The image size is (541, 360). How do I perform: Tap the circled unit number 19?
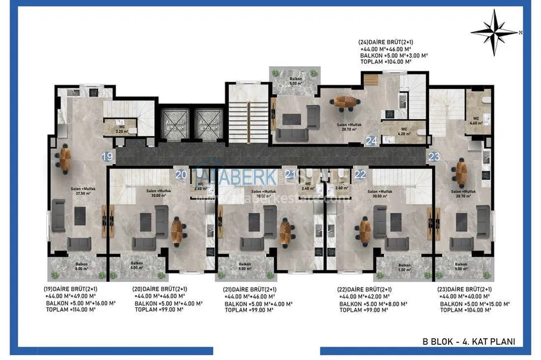[x=108, y=156]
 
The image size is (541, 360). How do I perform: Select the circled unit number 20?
[x=180, y=174]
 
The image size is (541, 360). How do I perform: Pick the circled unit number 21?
[x=290, y=174]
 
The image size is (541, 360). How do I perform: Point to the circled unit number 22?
[x=360, y=174]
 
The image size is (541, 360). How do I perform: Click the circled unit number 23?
[x=434, y=156]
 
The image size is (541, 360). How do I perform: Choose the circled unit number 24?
[x=372, y=140]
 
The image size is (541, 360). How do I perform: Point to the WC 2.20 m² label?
[x=122, y=129]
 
